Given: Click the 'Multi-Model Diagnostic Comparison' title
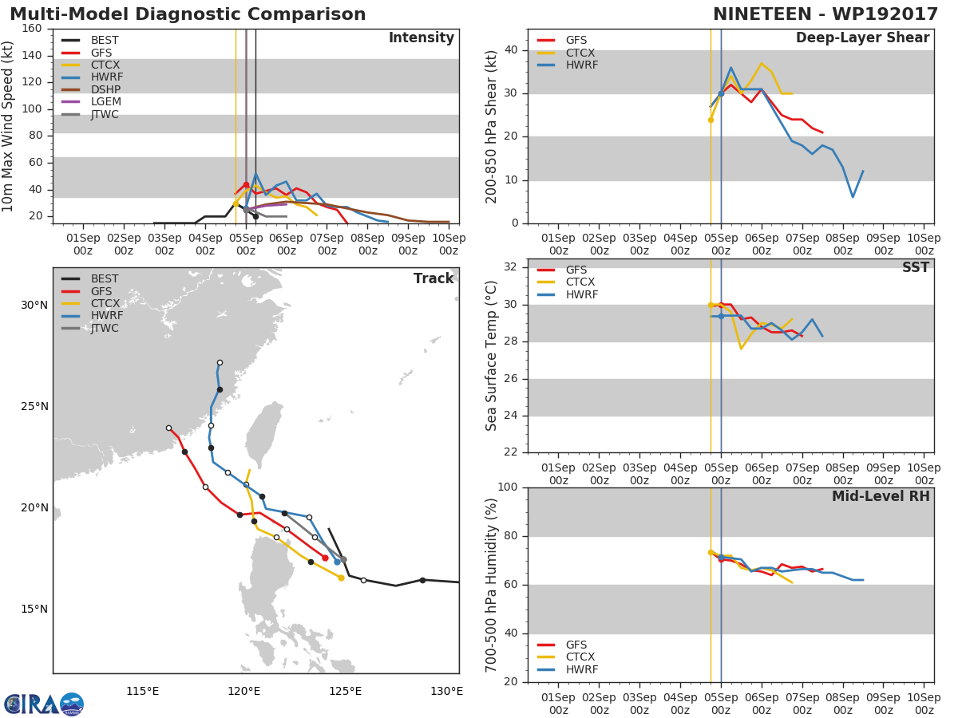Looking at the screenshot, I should tap(188, 14).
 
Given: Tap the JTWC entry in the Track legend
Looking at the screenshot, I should tap(105, 328).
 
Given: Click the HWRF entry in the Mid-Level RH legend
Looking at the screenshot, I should tap(581, 669).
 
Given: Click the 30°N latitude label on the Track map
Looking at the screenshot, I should tap(34, 305).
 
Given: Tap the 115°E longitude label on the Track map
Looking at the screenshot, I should tap(142, 691).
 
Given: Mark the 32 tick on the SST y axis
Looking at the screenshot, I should tap(512, 267).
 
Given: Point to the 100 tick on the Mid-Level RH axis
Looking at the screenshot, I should tap(509, 487).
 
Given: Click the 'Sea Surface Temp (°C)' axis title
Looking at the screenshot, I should tap(492, 356).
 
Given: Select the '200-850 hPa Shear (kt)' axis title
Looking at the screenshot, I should tap(492, 126).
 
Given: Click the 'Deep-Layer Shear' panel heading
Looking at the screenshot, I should tap(862, 38).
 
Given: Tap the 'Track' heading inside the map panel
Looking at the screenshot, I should tap(433, 278).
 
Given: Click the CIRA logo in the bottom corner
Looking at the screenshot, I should tap(44, 704).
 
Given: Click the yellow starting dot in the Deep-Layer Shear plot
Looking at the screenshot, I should tap(711, 120).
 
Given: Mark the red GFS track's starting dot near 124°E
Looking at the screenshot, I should tap(325, 558).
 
